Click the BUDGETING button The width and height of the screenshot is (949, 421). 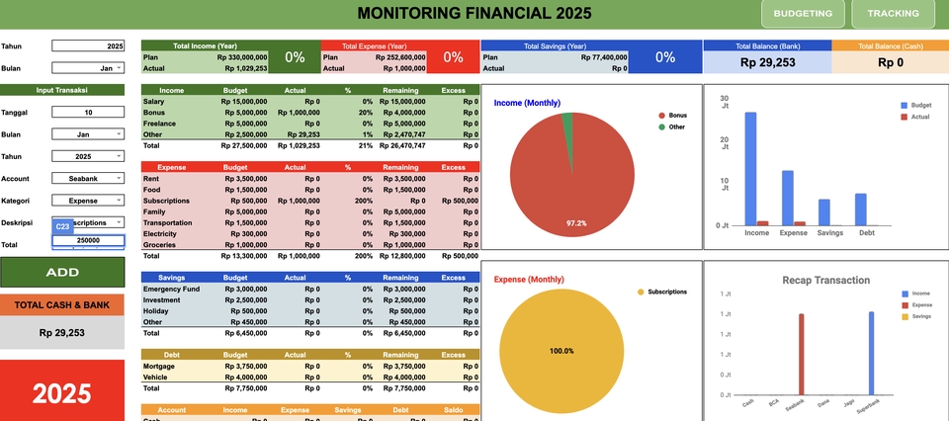coord(803,14)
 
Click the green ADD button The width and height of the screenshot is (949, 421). coord(62,272)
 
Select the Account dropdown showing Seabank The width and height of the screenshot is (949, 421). coord(87,178)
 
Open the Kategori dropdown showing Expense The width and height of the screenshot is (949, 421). coord(87,200)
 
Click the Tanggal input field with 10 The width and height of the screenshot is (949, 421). coord(87,112)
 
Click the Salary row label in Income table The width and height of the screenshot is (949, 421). coord(154,102)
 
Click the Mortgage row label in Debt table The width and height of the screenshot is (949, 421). coord(160,366)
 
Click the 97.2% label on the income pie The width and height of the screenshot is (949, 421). coord(575,223)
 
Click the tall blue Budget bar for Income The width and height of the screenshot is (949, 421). coord(751,168)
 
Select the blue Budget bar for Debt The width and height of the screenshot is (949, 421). coord(860,210)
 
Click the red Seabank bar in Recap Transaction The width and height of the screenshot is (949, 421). coord(801,354)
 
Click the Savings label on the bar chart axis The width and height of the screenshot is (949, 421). coord(830,233)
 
